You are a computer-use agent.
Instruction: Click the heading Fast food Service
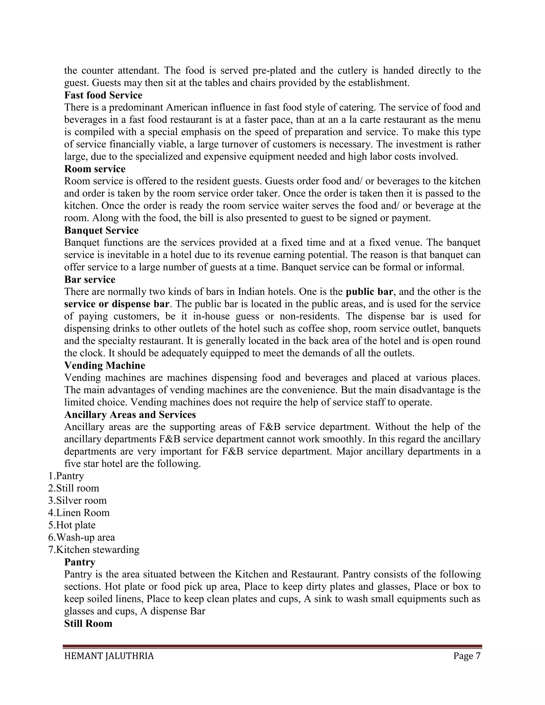point(103,95)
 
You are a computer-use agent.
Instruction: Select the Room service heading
point(94,169)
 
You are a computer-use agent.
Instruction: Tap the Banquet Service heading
point(101,230)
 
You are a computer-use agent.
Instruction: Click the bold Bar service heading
point(89,279)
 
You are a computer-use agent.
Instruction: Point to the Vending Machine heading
point(105,366)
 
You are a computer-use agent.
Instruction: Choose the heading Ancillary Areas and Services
point(130,414)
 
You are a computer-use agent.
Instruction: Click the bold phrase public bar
point(369,292)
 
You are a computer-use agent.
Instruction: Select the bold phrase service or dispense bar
point(117,304)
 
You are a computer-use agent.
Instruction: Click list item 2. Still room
point(74,488)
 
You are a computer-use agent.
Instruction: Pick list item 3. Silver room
point(77,500)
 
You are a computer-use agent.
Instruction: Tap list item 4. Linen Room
point(79,513)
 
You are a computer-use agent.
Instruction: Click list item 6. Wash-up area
point(81,537)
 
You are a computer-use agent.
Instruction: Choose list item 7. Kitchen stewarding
point(94,549)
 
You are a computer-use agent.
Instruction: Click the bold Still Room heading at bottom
point(88,623)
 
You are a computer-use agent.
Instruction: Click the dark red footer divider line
point(272,646)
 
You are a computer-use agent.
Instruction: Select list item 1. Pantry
point(66,476)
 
